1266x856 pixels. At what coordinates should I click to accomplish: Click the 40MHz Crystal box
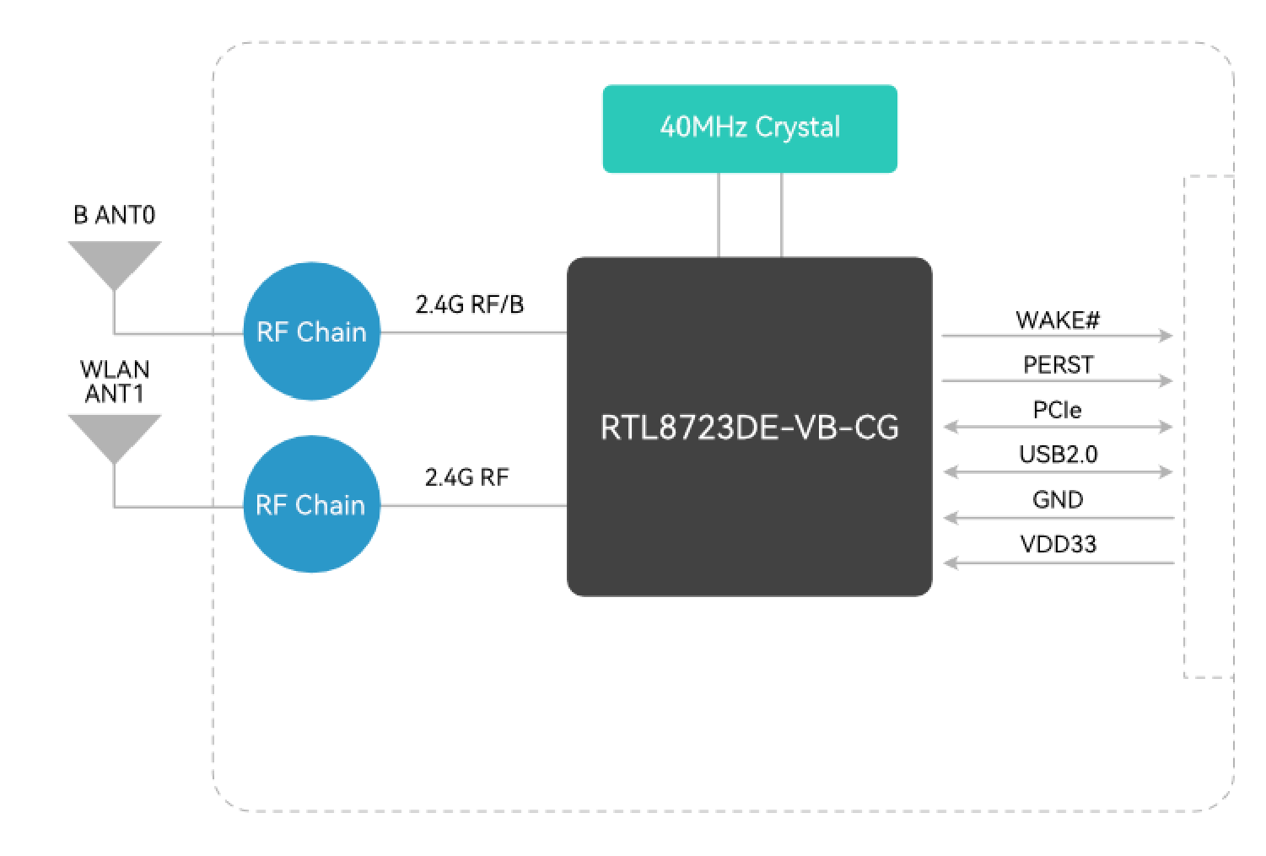pos(749,128)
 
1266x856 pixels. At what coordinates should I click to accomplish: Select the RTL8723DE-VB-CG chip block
pos(749,427)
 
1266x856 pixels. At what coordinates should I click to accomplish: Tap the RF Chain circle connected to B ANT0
pos(311,331)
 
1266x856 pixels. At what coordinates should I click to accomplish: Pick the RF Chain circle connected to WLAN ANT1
pos(311,504)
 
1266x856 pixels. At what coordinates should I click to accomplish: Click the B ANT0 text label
pos(114,215)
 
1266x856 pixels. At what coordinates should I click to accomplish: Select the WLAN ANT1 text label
pos(114,381)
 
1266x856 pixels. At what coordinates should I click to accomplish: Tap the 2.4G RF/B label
pos(469,304)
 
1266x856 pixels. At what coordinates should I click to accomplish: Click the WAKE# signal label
pos(1058,320)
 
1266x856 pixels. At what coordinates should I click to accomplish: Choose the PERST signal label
pos(1058,364)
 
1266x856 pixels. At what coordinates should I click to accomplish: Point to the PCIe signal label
pos(1058,410)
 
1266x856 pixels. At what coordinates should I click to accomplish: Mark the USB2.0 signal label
pos(1058,455)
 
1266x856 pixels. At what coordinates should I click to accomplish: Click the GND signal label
pos(1058,499)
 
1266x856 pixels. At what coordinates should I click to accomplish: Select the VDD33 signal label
pos(1058,544)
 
